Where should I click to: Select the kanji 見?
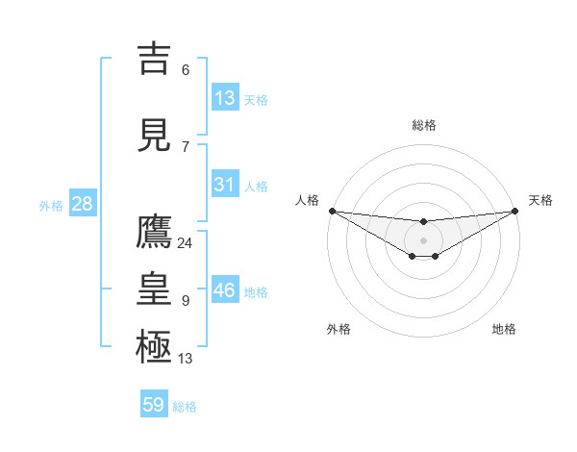tap(155, 134)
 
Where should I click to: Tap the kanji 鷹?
tap(155, 232)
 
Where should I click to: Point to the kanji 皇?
tap(155, 289)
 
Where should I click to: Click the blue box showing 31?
tap(225, 185)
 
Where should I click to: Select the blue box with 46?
tap(225, 290)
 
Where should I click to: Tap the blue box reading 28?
tap(82, 204)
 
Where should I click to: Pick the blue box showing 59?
tap(154, 405)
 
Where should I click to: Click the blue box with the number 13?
tap(225, 97)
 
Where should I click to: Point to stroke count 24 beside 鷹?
tap(185, 243)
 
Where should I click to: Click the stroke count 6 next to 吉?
tap(185, 69)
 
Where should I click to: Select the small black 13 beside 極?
tap(185, 359)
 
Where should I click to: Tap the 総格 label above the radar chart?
tap(424, 125)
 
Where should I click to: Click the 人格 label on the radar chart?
tap(307, 200)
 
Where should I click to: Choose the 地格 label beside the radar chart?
tap(504, 329)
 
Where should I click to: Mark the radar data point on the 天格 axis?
tap(514, 211)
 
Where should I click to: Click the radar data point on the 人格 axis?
tap(332, 211)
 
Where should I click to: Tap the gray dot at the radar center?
tap(423, 239)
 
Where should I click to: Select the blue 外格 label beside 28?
tap(51, 205)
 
